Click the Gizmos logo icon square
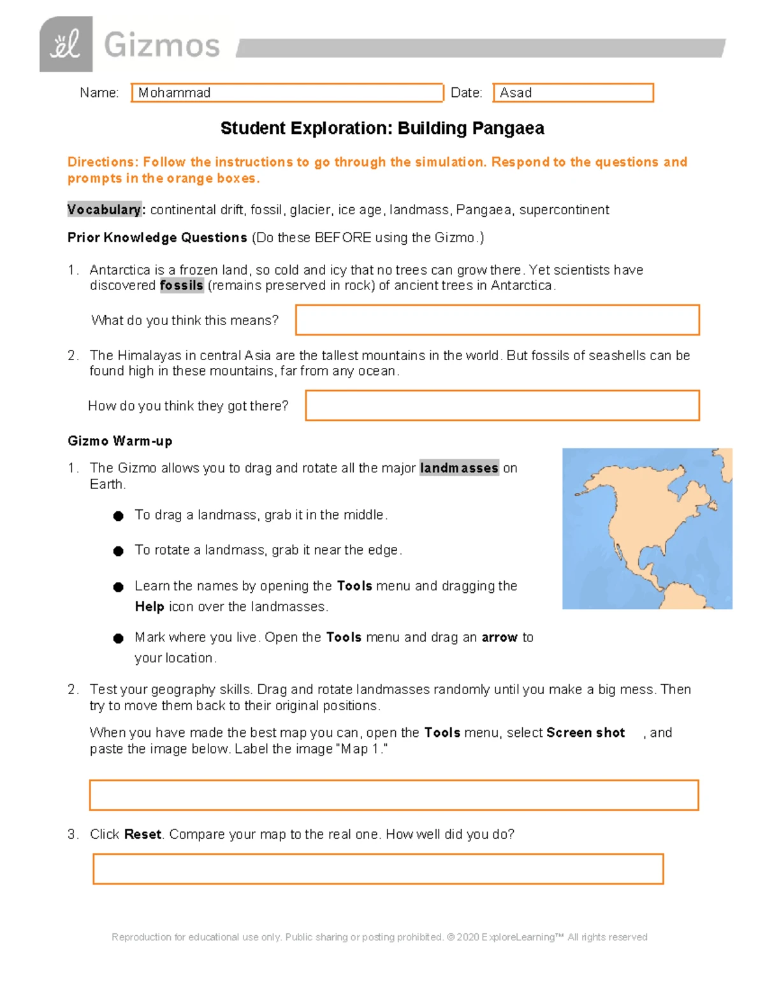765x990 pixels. click(x=66, y=45)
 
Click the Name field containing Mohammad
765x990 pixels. click(x=287, y=92)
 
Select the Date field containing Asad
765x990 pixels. click(x=573, y=92)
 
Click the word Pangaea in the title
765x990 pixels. click(x=508, y=128)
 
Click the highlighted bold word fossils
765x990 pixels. click(x=182, y=286)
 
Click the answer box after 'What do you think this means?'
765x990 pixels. click(x=497, y=320)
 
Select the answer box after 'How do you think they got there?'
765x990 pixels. click(x=502, y=405)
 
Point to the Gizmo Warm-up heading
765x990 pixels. click(x=120, y=441)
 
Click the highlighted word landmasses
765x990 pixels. click(x=459, y=468)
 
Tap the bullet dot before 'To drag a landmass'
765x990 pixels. click(x=118, y=516)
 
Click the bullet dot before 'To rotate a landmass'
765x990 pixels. click(x=118, y=551)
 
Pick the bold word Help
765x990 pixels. click(x=150, y=607)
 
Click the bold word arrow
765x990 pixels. click(x=499, y=637)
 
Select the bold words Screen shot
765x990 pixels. click(x=585, y=732)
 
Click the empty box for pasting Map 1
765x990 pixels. click(x=394, y=795)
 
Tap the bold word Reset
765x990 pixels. click(x=143, y=834)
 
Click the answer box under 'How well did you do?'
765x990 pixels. click(x=378, y=869)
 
